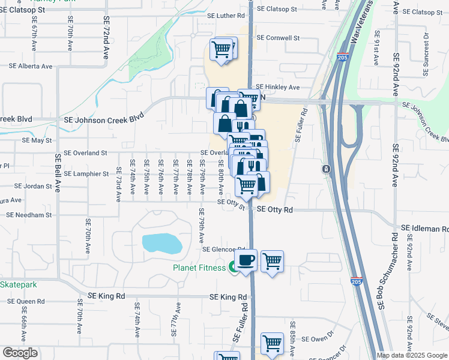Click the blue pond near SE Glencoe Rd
click(161, 243)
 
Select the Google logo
click(20, 353)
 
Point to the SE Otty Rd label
click(274, 210)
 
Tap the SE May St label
click(37, 140)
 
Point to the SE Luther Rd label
click(226, 16)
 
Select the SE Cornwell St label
click(278, 38)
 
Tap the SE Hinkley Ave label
click(277, 87)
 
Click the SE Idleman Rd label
click(423, 229)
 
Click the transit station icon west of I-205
click(325, 169)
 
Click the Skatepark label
click(18, 284)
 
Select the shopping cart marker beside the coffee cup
click(273, 261)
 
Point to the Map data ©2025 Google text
click(412, 355)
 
